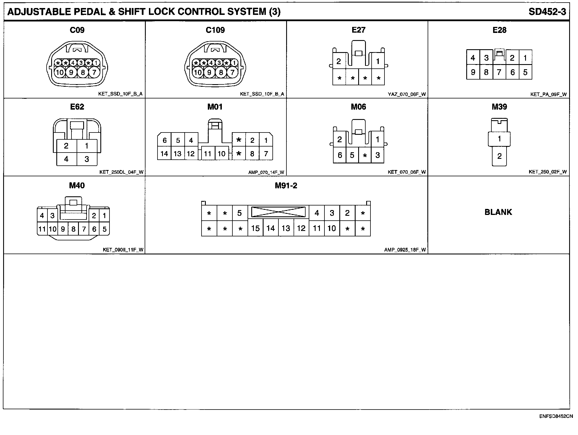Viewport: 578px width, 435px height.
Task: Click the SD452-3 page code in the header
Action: click(547, 12)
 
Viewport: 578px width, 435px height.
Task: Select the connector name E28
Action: click(499, 30)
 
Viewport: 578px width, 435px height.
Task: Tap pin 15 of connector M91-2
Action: click(255, 228)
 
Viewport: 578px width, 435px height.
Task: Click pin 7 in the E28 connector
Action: click(499, 72)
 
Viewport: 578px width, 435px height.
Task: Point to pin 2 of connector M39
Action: click(499, 156)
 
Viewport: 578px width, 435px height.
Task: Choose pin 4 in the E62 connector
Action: click(66, 159)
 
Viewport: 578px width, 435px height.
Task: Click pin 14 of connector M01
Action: click(164, 154)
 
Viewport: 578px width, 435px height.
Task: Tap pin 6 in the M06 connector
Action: click(340, 155)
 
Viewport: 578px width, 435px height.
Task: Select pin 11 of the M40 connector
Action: click(42, 229)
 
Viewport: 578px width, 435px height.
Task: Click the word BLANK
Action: click(498, 212)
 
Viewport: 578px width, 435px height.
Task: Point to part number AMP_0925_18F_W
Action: click(405, 250)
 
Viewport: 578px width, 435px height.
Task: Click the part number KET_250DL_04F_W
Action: click(121, 172)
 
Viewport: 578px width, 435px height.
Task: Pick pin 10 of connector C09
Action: click(60, 72)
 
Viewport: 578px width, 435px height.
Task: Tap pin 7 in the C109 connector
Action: click(232, 72)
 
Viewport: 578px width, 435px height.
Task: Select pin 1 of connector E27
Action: click(378, 61)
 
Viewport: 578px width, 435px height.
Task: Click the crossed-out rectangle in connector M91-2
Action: click(278, 212)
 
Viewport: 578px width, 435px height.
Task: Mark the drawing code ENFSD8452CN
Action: click(556, 416)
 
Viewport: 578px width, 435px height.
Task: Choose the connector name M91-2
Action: click(286, 186)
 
